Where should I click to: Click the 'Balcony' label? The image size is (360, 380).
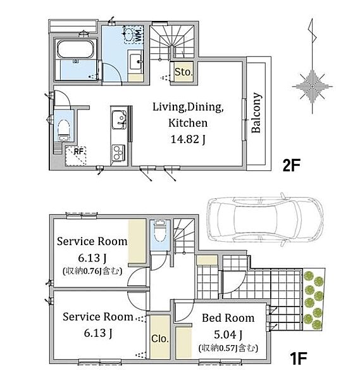point(256,113)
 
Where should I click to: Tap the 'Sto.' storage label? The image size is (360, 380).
point(183,72)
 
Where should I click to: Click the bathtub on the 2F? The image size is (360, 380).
point(75,49)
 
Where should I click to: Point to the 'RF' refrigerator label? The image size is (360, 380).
point(78,152)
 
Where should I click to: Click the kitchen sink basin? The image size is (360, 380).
point(119,120)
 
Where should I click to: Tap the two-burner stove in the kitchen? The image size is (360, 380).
point(118,153)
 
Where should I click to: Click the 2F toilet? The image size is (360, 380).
point(64,130)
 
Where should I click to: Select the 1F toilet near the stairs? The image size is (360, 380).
point(159,231)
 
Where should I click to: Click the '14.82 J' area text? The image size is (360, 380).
point(188,139)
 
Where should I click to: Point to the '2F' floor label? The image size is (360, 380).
point(291,165)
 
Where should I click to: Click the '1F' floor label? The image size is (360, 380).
point(298,358)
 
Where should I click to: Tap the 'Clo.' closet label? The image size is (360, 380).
point(160,338)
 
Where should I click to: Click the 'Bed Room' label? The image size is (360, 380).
point(228,318)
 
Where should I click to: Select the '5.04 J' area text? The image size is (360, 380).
point(228,335)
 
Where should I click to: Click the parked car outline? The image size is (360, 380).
point(265,220)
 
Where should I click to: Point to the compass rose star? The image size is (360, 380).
point(313,86)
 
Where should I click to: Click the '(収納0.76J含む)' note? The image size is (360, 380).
point(92,270)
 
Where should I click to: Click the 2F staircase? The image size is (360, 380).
point(172,42)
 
